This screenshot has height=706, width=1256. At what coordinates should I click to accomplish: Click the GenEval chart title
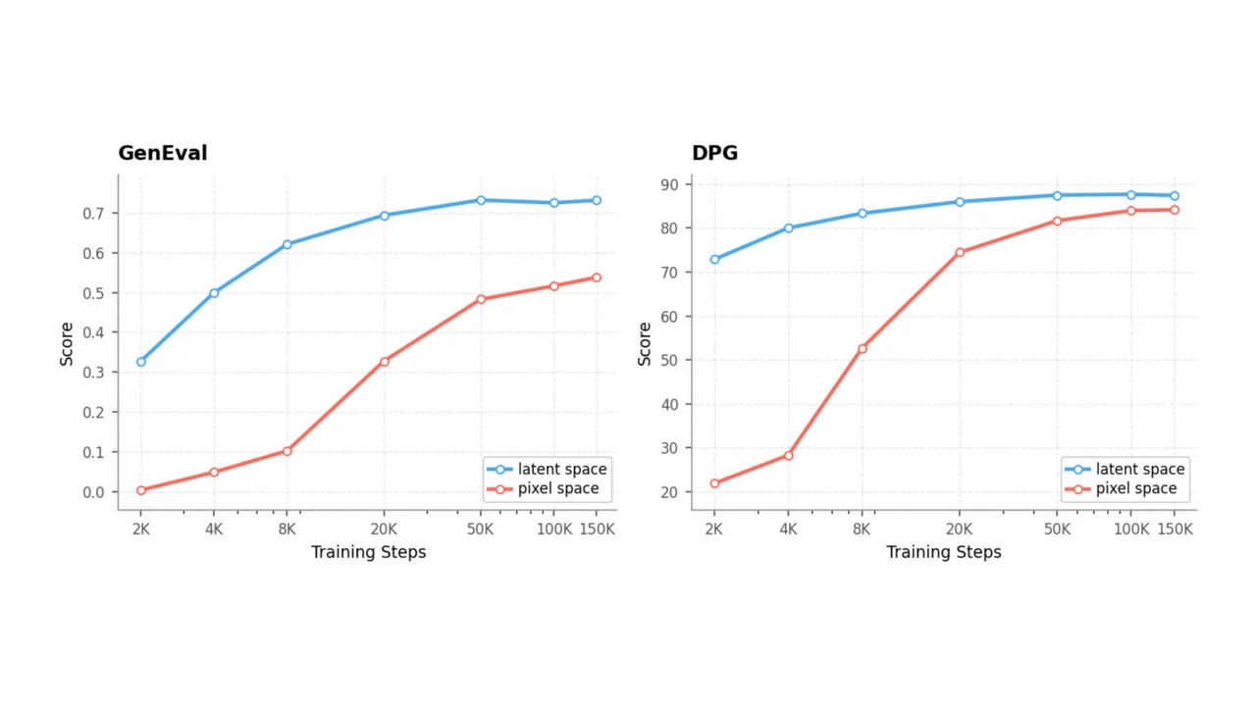click(163, 153)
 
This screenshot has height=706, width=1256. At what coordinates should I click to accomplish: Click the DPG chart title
click(715, 153)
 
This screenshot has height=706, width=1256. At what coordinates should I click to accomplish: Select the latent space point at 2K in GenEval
click(140, 362)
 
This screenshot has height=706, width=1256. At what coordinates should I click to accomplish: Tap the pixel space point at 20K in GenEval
click(384, 362)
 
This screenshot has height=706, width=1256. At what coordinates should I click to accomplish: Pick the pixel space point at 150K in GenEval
click(597, 277)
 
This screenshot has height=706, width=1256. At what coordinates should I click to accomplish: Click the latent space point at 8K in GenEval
click(288, 244)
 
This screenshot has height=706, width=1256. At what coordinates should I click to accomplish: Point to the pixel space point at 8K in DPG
click(863, 348)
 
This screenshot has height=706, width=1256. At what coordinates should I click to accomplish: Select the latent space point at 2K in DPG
click(714, 260)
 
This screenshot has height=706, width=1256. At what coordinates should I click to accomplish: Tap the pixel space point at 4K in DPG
click(788, 456)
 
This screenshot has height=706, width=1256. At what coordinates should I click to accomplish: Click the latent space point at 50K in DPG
click(1057, 196)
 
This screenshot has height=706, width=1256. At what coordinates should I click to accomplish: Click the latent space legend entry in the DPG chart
click(1125, 469)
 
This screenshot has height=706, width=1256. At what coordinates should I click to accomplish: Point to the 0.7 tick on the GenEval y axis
click(93, 214)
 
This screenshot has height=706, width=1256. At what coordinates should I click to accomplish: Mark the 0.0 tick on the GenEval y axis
click(93, 492)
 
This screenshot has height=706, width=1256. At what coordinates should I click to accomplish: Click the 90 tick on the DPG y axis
click(669, 184)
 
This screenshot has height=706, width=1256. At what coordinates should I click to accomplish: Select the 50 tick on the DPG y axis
click(669, 360)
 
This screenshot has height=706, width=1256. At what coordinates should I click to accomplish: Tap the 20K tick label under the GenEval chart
click(384, 529)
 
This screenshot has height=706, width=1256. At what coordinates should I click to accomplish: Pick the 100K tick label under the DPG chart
click(1131, 529)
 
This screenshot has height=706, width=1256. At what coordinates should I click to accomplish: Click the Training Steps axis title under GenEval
click(368, 552)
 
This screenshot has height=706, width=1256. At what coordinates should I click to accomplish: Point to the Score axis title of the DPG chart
click(645, 344)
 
